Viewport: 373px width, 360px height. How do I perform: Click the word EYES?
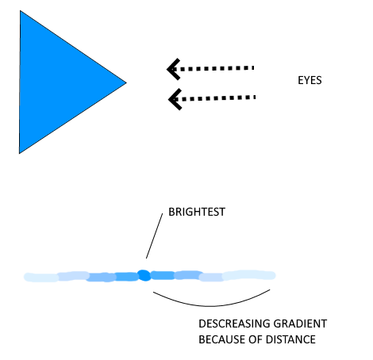click(x=310, y=80)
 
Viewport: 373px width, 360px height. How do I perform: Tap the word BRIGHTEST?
click(x=197, y=212)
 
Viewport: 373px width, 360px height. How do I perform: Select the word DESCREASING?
click(x=234, y=324)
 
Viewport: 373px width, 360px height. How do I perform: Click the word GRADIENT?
click(x=300, y=324)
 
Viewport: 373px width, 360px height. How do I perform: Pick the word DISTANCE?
click(x=290, y=339)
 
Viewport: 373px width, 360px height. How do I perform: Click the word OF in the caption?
click(x=256, y=339)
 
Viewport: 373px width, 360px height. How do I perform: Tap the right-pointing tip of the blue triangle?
click(x=126, y=82)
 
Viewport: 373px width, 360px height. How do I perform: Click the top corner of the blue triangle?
click(x=20, y=11)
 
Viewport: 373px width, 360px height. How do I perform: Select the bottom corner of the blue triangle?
click(x=20, y=153)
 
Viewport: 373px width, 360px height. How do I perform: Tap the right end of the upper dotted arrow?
click(x=254, y=68)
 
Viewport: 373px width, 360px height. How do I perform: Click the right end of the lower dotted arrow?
click(x=255, y=98)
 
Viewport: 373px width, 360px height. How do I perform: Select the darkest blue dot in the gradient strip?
click(x=144, y=275)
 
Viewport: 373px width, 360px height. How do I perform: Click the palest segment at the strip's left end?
click(x=41, y=278)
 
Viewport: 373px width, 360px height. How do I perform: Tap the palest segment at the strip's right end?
click(x=248, y=275)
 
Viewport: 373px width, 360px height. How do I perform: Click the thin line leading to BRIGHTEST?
click(x=155, y=236)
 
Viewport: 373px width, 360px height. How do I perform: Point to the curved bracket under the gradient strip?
click(x=212, y=306)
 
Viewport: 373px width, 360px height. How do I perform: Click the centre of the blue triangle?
click(x=55, y=82)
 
